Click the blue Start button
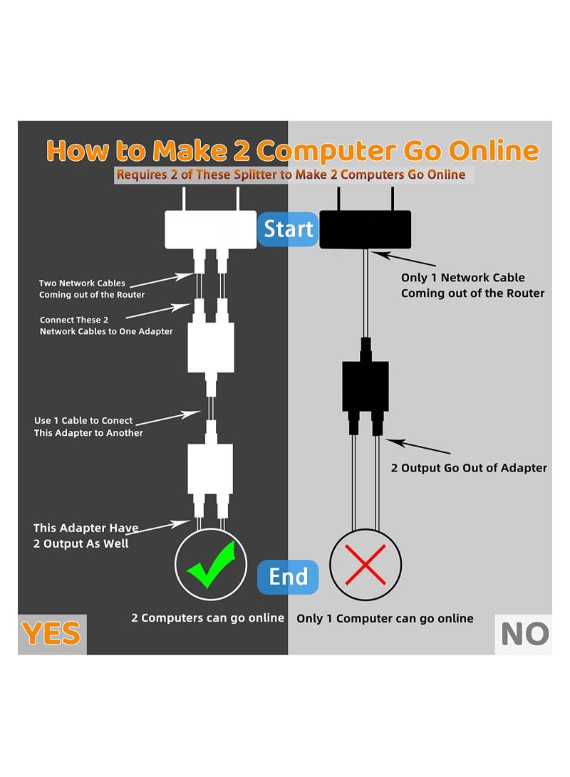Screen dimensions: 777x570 (x=287, y=229)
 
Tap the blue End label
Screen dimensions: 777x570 (x=288, y=576)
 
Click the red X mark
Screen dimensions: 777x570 (x=366, y=564)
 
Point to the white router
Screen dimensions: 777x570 (x=210, y=229)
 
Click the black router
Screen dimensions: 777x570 (x=365, y=229)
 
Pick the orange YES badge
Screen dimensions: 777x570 (x=51, y=634)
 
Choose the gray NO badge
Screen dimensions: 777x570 (x=524, y=634)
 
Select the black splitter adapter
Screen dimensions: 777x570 (x=366, y=386)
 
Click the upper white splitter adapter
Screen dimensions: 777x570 (x=210, y=347)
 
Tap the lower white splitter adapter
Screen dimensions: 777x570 (x=210, y=468)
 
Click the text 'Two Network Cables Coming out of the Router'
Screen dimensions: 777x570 (x=92, y=289)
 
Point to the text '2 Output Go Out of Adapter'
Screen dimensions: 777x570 (x=469, y=468)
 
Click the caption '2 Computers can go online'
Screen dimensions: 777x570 (x=207, y=617)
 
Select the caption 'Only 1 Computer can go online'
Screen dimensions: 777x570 (x=385, y=618)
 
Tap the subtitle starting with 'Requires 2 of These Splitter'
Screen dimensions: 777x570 (x=291, y=174)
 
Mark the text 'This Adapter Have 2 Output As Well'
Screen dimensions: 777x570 (x=85, y=536)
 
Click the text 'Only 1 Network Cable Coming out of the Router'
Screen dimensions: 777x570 (x=472, y=285)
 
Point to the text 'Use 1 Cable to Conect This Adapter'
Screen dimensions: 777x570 (x=88, y=427)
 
